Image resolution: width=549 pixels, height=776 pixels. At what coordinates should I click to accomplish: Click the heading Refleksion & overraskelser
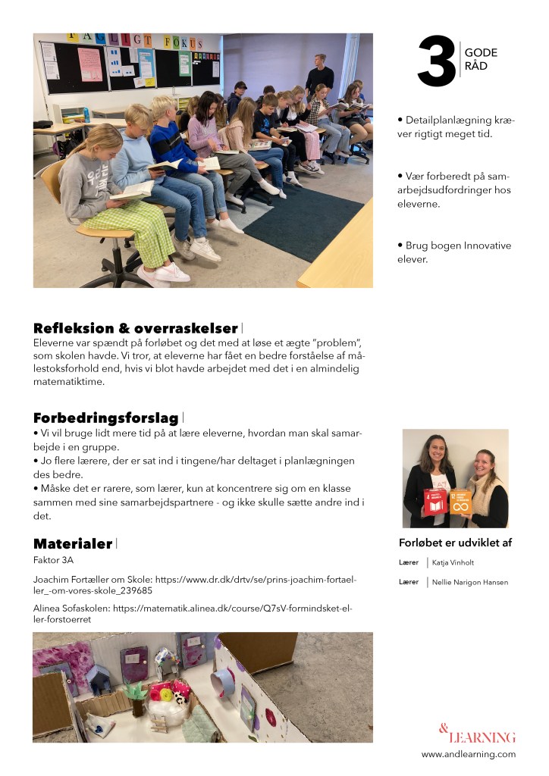click(136, 328)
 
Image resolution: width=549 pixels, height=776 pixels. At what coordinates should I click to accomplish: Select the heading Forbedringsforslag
click(105, 418)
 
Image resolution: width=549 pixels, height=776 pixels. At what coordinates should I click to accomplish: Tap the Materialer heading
click(73, 543)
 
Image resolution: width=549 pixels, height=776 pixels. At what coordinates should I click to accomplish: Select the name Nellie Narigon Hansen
click(470, 582)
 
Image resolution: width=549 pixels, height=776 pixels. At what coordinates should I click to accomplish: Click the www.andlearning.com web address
click(468, 754)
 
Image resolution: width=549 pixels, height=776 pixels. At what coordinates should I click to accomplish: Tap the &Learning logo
click(477, 734)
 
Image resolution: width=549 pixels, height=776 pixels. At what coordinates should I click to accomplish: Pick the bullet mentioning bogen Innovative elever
click(454, 252)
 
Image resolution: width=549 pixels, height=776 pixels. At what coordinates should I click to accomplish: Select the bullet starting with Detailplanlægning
click(455, 127)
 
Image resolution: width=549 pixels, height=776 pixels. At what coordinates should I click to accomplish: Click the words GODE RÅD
click(481, 58)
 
